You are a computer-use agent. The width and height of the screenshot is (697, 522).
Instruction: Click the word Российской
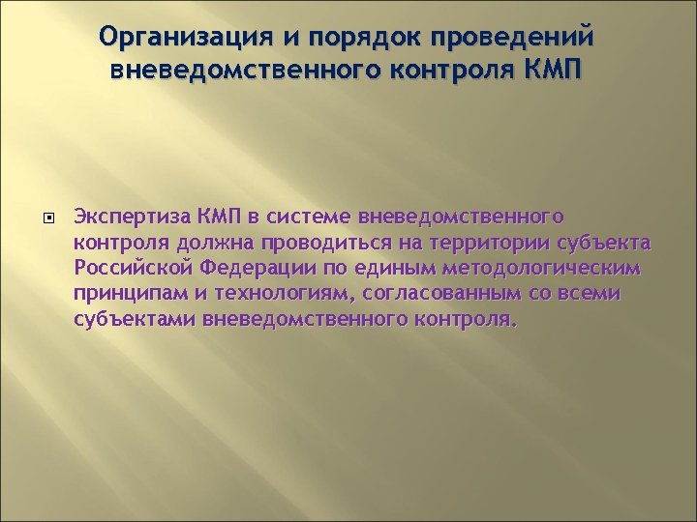point(132,266)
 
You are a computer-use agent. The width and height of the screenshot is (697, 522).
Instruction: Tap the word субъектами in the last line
point(136,318)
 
